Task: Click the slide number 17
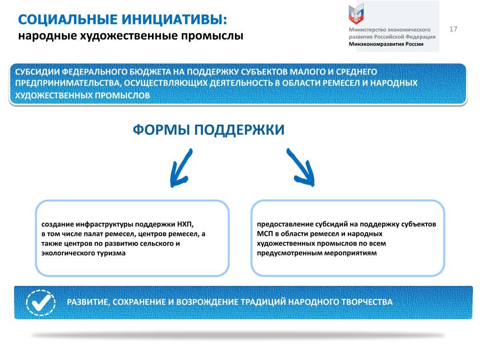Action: tap(453, 29)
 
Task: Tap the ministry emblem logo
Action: tap(356, 14)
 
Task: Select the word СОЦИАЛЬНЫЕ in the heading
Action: tap(68, 20)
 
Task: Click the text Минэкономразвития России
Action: tap(386, 44)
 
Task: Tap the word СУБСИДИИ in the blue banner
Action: tap(37, 72)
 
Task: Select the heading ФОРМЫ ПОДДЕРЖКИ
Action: tap(209, 130)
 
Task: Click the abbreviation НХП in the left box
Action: tap(185, 225)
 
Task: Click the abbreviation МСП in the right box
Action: tap(265, 234)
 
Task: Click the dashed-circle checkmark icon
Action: tap(41, 302)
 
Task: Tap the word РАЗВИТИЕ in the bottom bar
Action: tap(88, 302)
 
